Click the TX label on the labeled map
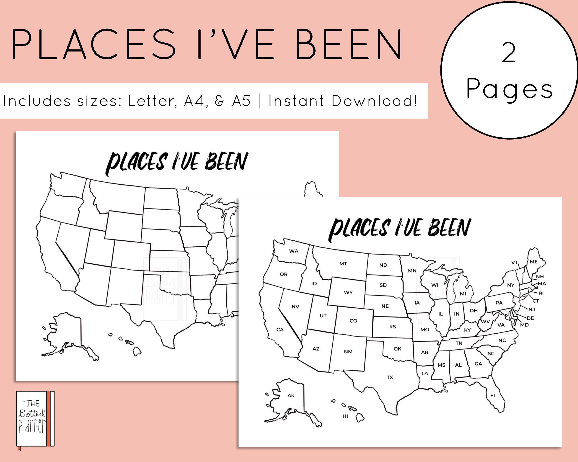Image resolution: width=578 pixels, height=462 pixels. coord(390,377)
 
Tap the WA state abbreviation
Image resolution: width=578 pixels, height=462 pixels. coord(294,251)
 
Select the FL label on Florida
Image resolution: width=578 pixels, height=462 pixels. coord(493,395)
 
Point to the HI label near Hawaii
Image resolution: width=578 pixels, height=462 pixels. coord(345,416)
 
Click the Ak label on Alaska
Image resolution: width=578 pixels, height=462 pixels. coord(291,395)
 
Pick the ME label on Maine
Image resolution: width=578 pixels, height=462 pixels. coord(533,262)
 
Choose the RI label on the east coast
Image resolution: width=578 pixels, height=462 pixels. coord(541,293)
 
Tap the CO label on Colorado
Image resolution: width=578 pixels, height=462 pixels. coord(353,321)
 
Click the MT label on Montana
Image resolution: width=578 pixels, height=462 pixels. coord(343,264)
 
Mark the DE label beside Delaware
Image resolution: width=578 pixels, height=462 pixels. coord(530,318)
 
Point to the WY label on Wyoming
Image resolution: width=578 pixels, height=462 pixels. coord(348,292)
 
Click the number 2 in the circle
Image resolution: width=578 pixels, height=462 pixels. coord(509,53)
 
